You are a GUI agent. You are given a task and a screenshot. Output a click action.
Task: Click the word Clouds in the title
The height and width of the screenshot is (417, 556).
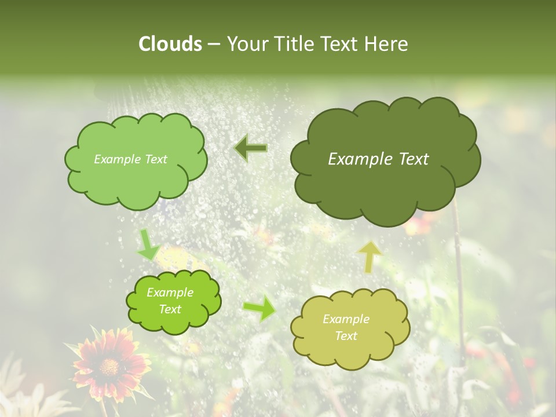pos(170,44)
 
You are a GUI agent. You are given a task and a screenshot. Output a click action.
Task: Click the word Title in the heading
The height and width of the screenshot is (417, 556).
pos(294,44)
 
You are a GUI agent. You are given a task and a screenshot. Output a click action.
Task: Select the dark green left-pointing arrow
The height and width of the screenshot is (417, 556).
pos(251,148)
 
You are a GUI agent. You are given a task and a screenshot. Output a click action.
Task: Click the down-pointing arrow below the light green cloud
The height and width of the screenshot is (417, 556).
pos(148,244)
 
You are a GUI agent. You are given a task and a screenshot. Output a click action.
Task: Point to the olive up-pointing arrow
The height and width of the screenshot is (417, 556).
pos(371,256)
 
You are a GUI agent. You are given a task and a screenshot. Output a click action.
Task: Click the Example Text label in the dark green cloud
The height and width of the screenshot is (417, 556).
pos(378,159)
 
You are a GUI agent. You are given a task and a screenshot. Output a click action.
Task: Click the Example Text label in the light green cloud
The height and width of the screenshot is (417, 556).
pos(130,159)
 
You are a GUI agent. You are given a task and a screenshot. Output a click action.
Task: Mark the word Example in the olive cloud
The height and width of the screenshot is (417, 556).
pos(346,319)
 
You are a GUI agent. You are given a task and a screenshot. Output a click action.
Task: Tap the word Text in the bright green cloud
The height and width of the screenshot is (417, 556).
pos(170,309)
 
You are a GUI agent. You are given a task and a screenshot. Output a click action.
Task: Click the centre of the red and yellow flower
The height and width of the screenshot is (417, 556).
pos(108,366)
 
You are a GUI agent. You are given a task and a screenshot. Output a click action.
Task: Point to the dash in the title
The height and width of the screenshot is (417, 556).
pos(213,45)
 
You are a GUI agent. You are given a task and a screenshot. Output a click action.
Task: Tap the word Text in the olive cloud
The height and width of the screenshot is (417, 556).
pos(346,336)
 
